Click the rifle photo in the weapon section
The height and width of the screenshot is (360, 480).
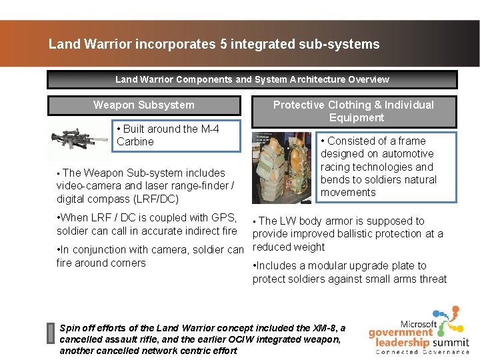pos(78,141)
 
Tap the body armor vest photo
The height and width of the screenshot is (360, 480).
pos(281,167)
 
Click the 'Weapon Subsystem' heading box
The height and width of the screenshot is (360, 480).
pos(144,105)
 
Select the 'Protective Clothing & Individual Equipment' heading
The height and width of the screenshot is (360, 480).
pos(353,111)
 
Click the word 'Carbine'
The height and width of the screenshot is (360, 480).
pos(135,141)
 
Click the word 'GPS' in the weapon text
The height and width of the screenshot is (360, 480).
pos(225,217)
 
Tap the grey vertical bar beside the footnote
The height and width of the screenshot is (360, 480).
pos(50,333)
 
